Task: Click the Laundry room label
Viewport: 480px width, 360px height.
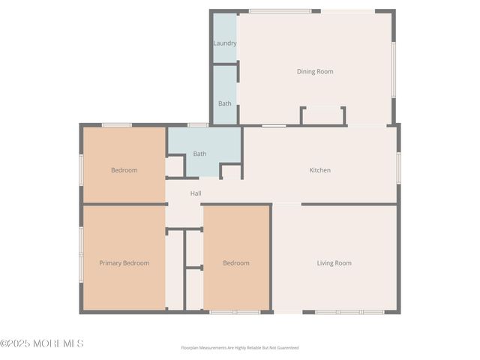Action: (x=225, y=43)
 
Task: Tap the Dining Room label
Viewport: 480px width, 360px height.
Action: (x=315, y=72)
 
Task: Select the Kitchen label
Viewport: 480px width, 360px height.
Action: (x=320, y=170)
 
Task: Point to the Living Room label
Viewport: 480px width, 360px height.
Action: (x=334, y=263)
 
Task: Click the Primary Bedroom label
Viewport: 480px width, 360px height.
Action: (x=124, y=263)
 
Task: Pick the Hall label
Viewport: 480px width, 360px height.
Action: (x=196, y=193)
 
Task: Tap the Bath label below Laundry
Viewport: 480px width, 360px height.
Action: (x=225, y=103)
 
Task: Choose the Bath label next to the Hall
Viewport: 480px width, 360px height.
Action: (x=199, y=154)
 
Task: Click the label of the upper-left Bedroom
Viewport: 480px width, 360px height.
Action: (x=124, y=170)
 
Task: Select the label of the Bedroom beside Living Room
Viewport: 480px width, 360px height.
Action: (x=236, y=263)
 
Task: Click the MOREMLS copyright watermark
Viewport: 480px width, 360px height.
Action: (x=42, y=343)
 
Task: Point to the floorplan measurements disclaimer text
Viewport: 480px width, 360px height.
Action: (x=240, y=348)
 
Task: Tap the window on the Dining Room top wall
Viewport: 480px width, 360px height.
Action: (x=280, y=11)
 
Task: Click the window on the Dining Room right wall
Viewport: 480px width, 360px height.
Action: (x=393, y=69)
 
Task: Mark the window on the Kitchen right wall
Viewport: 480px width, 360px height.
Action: (x=397, y=168)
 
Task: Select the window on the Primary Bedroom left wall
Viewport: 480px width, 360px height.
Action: (x=81, y=253)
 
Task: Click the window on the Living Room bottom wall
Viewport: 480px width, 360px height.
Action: (x=349, y=312)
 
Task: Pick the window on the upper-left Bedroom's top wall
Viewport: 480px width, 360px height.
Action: (x=117, y=124)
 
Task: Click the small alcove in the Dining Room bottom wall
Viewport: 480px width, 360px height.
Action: (x=322, y=116)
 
